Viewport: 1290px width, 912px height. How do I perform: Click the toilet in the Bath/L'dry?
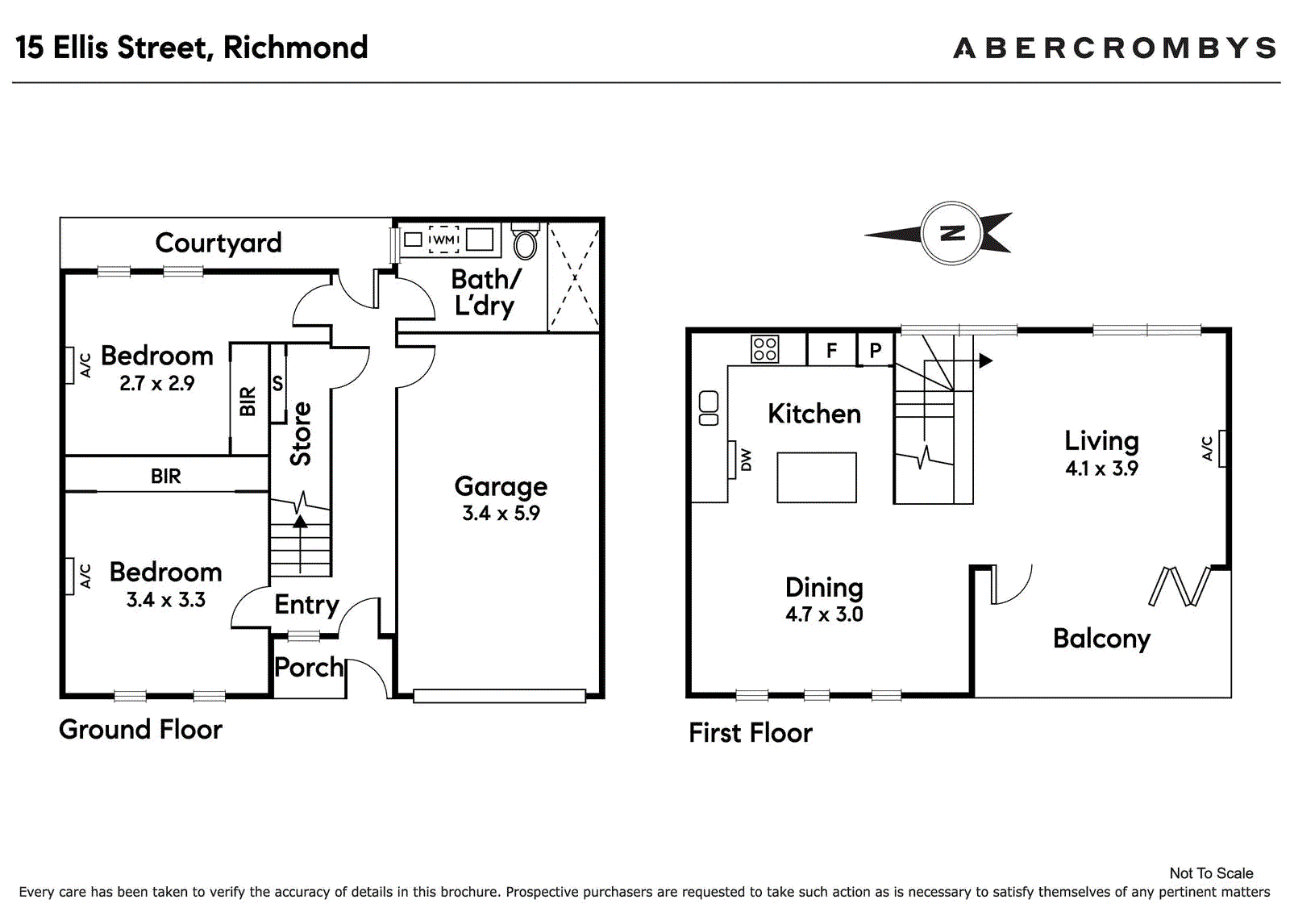pos(525,240)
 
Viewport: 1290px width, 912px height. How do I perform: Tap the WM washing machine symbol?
pos(443,239)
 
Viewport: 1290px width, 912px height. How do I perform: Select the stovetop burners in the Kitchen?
pos(765,349)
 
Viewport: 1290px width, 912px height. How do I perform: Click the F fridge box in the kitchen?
pos(831,350)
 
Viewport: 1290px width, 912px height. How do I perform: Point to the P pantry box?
pos(876,350)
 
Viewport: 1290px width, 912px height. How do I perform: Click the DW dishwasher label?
pos(746,460)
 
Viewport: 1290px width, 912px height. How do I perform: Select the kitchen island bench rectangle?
pos(817,477)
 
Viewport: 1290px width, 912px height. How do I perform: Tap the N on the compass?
pos(952,233)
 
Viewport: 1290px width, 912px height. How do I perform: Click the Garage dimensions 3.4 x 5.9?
pos(501,514)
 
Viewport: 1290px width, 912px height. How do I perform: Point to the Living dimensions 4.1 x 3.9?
pos(1101,468)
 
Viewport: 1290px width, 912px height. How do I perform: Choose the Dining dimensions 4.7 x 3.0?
pos(824,614)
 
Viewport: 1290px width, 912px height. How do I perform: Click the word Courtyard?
pos(218,244)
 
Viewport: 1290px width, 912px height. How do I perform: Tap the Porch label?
pos(309,667)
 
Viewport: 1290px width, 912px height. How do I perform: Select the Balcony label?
pos(1101,639)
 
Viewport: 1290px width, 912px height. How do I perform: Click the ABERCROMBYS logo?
pos(1116,48)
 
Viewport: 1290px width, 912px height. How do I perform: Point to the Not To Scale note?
pos(1212,873)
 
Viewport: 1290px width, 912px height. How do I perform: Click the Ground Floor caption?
pos(140,730)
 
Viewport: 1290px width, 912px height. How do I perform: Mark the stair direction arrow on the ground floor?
pos(300,543)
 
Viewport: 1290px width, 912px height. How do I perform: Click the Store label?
pos(301,433)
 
